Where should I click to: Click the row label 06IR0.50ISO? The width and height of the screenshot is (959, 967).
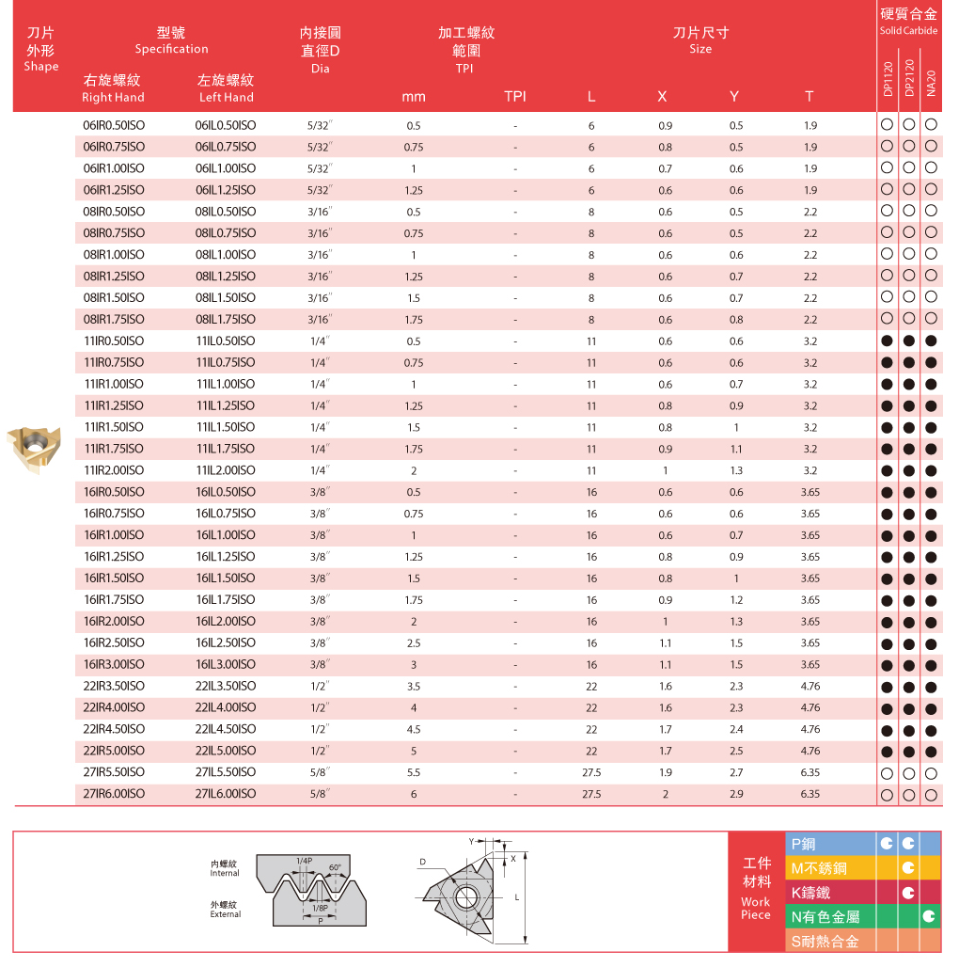coord(114,125)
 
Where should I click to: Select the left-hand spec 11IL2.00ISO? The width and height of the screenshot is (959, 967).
coord(225,470)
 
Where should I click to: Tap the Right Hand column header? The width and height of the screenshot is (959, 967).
coord(113,97)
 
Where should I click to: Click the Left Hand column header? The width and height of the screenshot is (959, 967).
coord(227,97)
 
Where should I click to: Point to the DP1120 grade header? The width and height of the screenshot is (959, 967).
coord(888,79)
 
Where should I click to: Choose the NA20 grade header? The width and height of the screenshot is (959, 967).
coord(931,81)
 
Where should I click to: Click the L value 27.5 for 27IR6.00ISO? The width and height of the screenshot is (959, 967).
coord(591,794)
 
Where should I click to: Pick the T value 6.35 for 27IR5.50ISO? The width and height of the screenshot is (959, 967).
coord(810,772)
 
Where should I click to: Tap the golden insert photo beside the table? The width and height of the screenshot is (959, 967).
coord(34,448)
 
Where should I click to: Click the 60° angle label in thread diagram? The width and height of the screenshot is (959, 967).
coord(336,867)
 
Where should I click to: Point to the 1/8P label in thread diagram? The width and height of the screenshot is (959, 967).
coord(321,908)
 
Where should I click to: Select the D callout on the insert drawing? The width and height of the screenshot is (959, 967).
coord(423,862)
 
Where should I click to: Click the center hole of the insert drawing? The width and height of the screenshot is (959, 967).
coord(464,895)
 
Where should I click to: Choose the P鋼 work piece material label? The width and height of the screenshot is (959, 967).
coord(804,844)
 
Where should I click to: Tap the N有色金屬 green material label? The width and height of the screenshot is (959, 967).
coord(825,916)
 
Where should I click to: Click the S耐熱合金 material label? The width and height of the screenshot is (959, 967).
coord(825,941)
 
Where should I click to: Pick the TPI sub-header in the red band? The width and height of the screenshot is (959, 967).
coord(515,97)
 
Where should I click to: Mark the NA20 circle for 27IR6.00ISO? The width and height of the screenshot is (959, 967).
coord(931,795)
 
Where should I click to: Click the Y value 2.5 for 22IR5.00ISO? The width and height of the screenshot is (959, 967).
coord(735,751)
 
